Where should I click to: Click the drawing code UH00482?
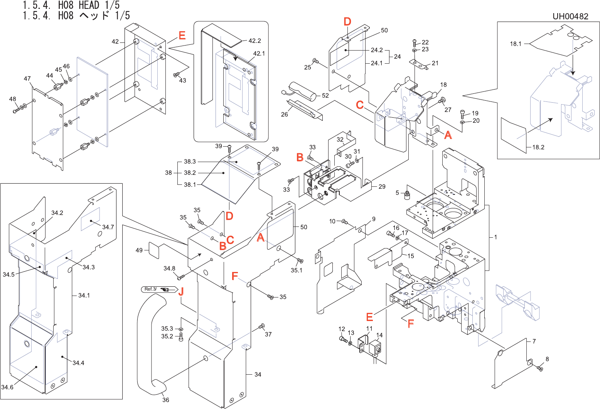(570, 16)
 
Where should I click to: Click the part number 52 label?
(325, 95)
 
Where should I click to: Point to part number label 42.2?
(254, 41)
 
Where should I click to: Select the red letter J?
(180, 292)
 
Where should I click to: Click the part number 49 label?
(139, 250)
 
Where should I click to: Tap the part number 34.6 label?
(7, 387)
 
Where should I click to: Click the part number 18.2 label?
(538, 147)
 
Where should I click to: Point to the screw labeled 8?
(540, 369)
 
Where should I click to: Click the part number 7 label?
(534, 341)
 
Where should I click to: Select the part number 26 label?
(285, 115)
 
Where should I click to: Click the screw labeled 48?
(16, 110)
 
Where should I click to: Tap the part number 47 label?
(27, 79)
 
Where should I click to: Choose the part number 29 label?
(382, 187)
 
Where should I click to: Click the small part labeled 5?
(406, 196)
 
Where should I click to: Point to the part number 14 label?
(379, 335)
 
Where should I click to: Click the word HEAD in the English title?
(89, 5)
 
